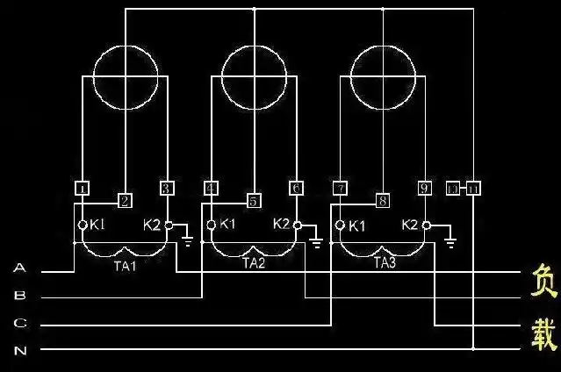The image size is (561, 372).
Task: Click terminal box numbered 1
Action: coord(82,189)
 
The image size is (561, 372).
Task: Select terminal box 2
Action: coord(126,201)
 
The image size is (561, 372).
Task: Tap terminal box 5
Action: coord(254,201)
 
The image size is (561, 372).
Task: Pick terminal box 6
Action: coord(296,189)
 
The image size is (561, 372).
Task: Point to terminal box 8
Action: coord(383,201)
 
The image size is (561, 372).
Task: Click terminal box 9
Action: coord(424,188)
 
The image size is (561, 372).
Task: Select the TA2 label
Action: coord(253,262)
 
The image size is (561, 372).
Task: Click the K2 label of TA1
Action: coord(152,225)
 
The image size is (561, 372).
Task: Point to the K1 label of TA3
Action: coord(357,225)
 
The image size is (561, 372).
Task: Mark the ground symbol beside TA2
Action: coord(316,240)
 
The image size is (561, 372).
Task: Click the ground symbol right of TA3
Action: coord(449,240)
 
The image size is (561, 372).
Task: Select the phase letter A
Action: coord(19,270)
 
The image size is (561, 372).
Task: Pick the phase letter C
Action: coord(19,324)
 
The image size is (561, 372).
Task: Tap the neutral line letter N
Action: coord(19,349)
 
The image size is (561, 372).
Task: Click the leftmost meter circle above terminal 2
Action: coord(126,76)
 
